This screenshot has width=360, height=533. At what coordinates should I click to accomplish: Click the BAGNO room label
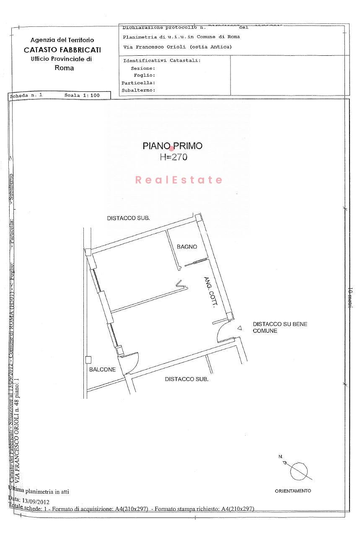point(186,247)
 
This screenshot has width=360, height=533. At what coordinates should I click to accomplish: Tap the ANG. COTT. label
point(209,292)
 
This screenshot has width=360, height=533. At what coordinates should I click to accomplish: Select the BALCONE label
point(102,370)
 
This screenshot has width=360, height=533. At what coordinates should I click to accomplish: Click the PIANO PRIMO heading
point(172,146)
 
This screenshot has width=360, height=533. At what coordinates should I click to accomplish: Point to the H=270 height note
point(173,157)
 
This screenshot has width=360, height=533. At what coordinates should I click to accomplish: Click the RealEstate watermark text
point(179,180)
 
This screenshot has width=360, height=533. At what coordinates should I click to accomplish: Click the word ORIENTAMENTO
point(293,491)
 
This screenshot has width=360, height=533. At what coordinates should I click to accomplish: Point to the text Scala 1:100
point(82,95)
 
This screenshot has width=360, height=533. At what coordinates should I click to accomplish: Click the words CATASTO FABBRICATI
point(62,50)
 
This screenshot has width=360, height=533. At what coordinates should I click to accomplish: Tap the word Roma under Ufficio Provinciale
point(64,68)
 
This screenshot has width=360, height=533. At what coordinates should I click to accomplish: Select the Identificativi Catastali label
point(161,60)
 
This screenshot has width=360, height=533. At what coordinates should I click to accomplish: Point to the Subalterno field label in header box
point(138,90)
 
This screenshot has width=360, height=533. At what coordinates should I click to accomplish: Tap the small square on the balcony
point(88,359)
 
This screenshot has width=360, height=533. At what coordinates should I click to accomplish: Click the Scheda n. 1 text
point(26,95)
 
